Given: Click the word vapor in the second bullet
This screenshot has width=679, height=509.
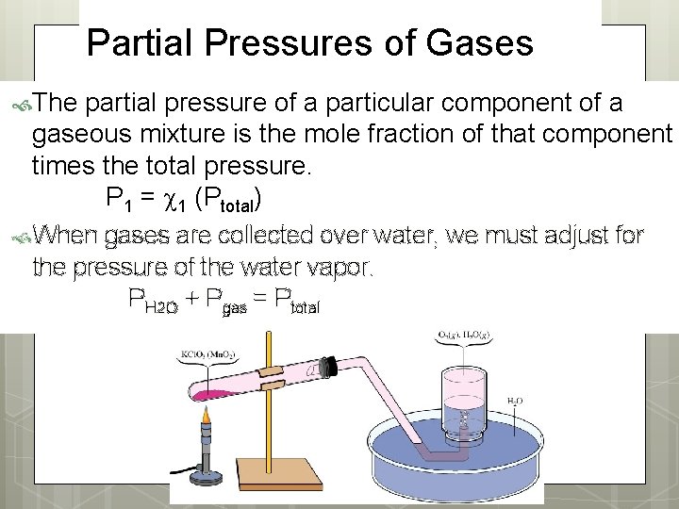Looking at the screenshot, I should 335,268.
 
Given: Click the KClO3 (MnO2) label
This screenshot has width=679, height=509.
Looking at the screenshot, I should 207,355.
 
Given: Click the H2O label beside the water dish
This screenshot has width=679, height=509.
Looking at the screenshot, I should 515,401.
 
